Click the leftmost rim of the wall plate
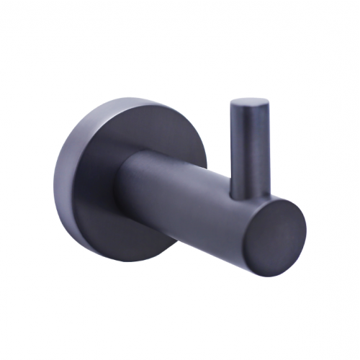60,180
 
